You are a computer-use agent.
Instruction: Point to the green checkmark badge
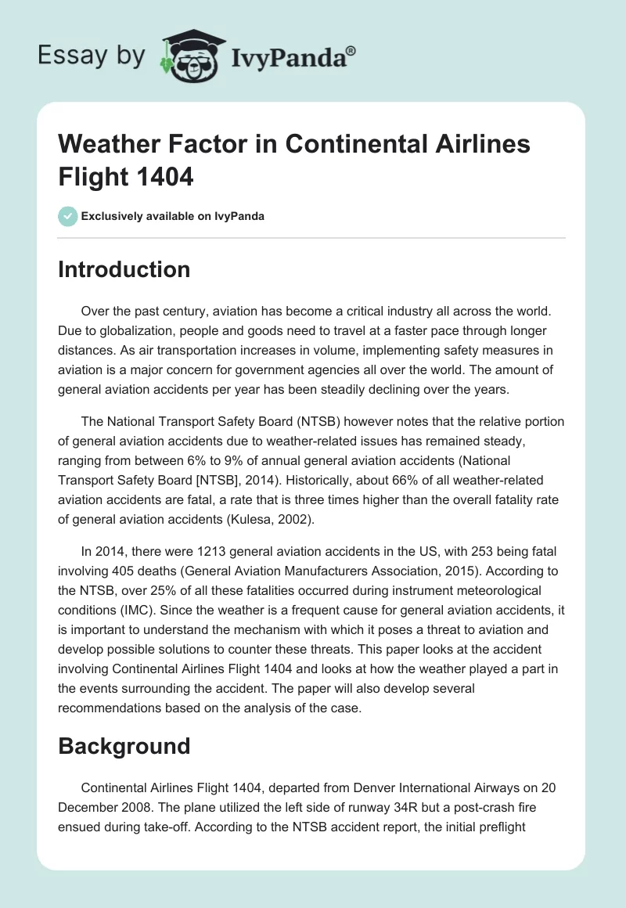(x=68, y=216)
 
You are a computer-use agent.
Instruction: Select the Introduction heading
(x=124, y=269)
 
